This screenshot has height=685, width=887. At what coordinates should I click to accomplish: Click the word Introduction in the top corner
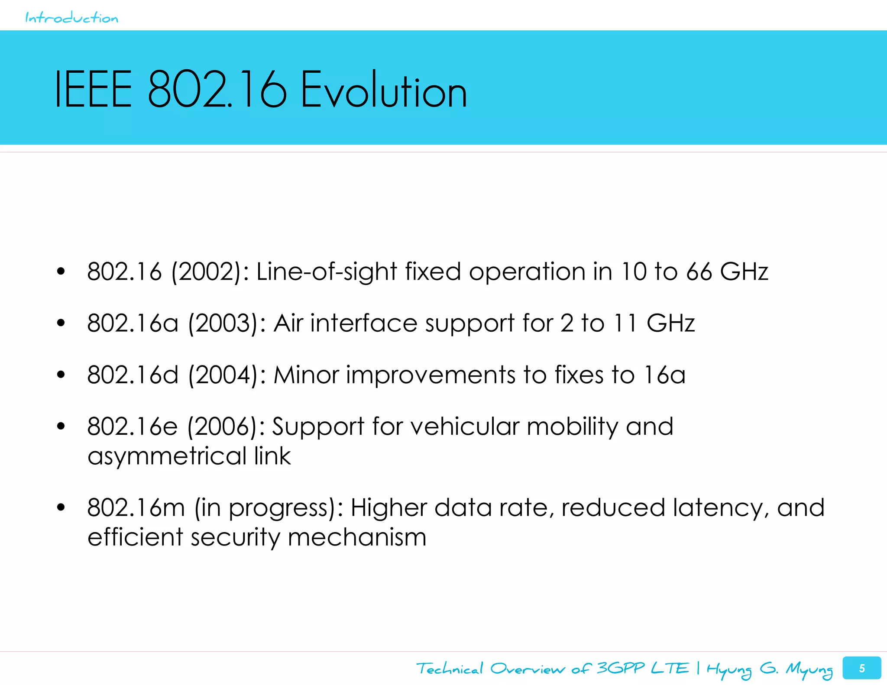71,18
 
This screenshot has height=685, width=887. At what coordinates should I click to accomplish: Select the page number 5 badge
861,668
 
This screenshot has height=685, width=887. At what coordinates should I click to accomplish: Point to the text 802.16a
133,323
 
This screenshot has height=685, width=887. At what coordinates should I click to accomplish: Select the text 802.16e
132,427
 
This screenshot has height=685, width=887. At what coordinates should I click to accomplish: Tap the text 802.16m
136,507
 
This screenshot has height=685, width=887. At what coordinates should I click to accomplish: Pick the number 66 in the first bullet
699,272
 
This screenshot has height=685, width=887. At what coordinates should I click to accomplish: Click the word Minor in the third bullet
306,375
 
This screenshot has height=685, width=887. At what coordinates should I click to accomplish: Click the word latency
721,507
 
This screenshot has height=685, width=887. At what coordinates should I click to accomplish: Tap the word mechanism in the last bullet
357,537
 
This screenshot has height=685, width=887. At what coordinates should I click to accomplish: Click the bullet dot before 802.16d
61,375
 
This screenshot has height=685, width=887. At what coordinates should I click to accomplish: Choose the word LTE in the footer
670,668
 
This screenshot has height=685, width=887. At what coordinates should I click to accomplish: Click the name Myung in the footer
809,669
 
